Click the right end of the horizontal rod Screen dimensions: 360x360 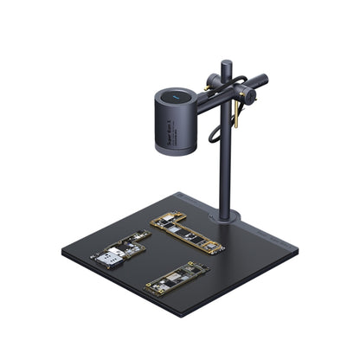point(263,79)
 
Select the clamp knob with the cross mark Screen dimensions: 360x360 point(248,99)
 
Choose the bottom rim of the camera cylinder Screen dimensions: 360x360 point(176,151)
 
